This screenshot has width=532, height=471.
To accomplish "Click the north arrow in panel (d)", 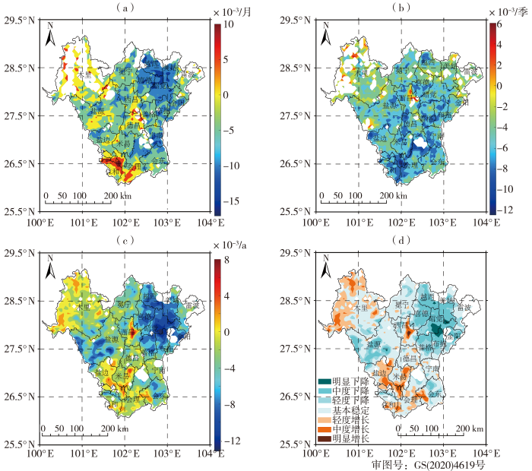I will click(325, 267).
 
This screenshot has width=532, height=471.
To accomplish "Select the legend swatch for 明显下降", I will click(325, 381).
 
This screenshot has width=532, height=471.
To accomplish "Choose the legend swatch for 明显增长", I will click(325, 438).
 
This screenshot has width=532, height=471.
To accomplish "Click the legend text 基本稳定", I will click(351, 409).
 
